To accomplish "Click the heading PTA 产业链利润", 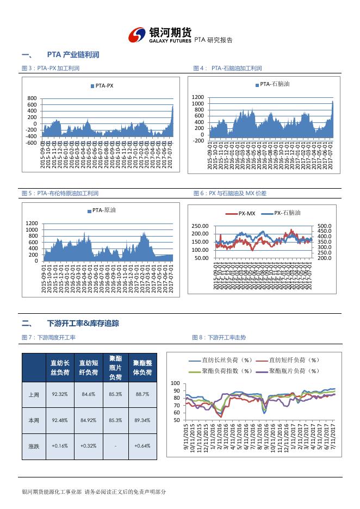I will click(x=73, y=55).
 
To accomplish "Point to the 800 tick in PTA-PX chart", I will click(x=32, y=98).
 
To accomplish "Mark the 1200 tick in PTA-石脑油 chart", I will click(x=198, y=97).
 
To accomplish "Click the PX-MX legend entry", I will click(x=243, y=214).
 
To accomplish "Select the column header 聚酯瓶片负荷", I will click(x=116, y=368).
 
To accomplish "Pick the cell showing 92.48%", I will click(x=59, y=420).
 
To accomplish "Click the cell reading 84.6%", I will click(x=88, y=394).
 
